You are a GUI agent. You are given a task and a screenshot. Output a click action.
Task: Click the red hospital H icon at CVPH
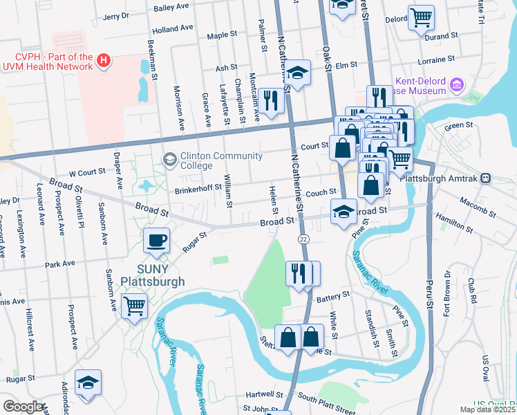click(x=104, y=61)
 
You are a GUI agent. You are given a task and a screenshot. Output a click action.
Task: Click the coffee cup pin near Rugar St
click(x=156, y=241)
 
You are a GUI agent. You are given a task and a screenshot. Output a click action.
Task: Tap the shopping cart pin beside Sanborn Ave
click(x=134, y=304)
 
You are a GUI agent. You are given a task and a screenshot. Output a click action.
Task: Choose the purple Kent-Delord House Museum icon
click(x=455, y=85)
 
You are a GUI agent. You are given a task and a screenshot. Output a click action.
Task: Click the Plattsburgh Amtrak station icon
click(x=486, y=178)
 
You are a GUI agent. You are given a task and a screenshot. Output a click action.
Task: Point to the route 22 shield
click(x=303, y=239)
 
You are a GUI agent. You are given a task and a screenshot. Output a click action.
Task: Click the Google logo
click(x=22, y=407)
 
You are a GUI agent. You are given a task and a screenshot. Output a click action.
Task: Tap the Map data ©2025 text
click(x=487, y=409)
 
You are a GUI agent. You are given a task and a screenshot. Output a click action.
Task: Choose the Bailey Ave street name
click(x=171, y=6)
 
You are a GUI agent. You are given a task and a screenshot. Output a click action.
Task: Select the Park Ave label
click(x=59, y=264)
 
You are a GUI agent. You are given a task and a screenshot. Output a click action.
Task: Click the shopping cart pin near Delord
click(x=420, y=17)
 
